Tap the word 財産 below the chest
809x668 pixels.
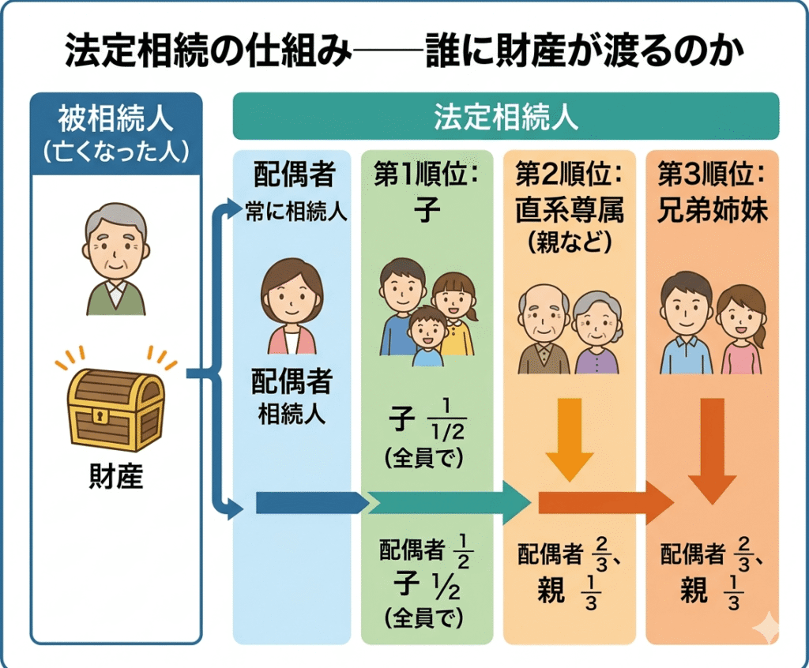115,478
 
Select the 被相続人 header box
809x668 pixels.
115,133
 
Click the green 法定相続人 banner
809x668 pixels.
506,117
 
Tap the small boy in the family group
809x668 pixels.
427,336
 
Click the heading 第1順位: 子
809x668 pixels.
427,190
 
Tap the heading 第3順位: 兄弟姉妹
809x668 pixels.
711,190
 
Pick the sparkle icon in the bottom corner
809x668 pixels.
765,629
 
